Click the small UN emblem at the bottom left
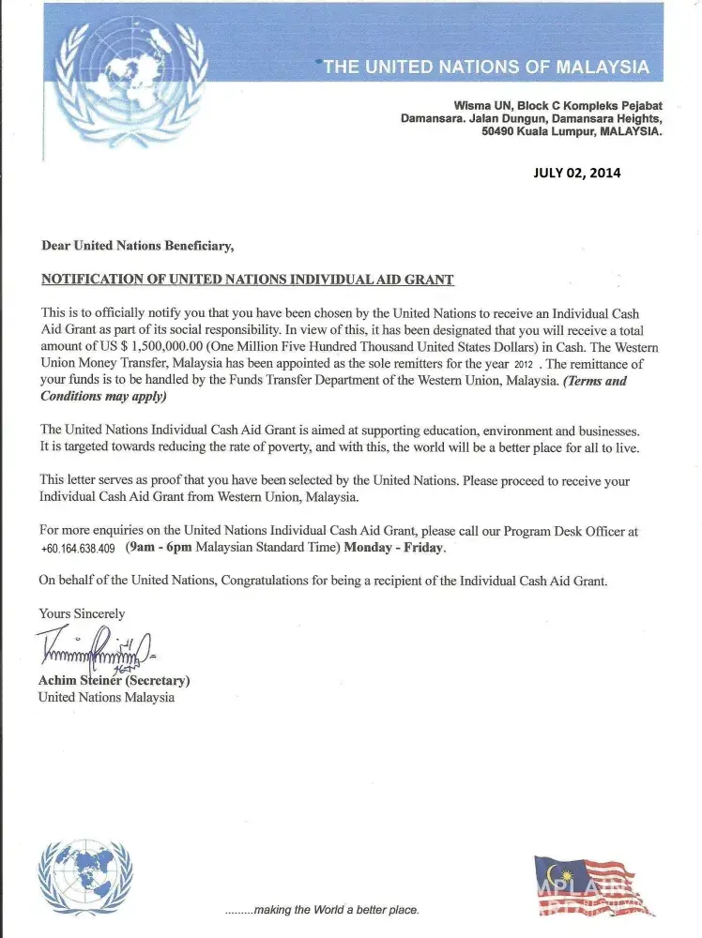click(x=85, y=877)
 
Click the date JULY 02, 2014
click(x=576, y=173)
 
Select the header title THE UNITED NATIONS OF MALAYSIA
click(x=486, y=67)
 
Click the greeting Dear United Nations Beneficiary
click(x=137, y=246)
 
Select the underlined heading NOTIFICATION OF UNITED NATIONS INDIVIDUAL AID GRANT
click(x=247, y=280)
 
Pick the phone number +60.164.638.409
click(x=78, y=549)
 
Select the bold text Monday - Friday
click(x=394, y=547)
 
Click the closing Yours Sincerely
click(x=82, y=613)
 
